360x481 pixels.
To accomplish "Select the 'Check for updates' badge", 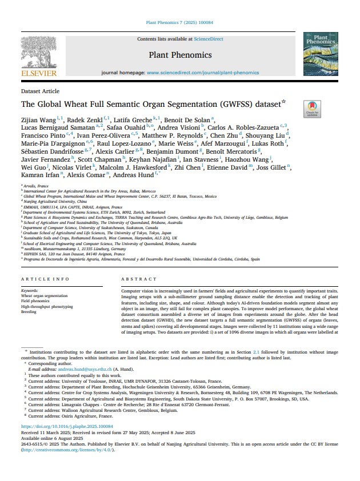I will [312, 109].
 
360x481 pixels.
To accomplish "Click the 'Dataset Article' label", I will [40, 91].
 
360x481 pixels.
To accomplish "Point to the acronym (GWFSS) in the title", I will [249, 105].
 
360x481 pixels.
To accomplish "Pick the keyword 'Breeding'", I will [29, 312].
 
